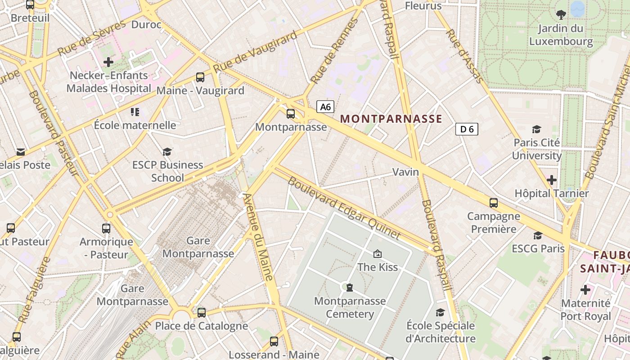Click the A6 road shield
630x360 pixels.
point(325,107)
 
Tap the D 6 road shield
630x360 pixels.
point(467,129)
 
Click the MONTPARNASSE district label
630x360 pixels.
point(391,119)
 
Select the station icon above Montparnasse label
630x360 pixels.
point(291,114)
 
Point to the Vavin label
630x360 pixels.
point(405,172)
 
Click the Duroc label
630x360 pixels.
point(146,24)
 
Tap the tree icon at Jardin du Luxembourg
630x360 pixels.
point(561,15)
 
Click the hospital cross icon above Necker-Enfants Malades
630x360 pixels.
point(108,62)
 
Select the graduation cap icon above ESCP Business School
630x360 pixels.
point(167,152)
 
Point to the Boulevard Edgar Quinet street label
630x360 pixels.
point(344,208)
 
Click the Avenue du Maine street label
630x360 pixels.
point(258,237)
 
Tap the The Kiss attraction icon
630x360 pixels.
point(378,254)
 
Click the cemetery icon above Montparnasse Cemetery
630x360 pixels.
point(349,287)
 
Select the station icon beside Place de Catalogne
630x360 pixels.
point(202,312)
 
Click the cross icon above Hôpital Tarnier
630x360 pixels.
point(552,180)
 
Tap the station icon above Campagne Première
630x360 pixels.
point(494,203)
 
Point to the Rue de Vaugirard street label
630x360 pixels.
point(255,51)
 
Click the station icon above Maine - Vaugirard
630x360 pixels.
point(200,77)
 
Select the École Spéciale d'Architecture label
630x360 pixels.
point(441,332)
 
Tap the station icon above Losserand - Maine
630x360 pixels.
point(274,342)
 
